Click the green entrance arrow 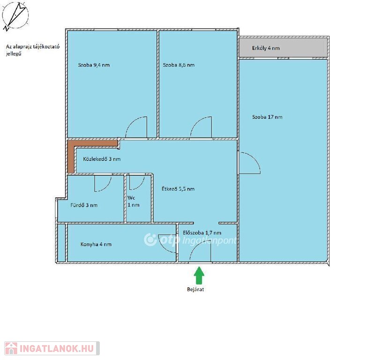199,276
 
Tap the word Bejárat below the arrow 195,290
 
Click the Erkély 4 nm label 266,48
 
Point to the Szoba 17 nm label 267,117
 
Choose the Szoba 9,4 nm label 94,65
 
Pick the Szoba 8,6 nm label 179,65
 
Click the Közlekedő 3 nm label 102,159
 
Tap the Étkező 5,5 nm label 178,189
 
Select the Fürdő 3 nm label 84,205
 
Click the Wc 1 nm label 134,202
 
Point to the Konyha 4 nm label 96,244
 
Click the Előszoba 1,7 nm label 202,232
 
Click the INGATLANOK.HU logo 52,348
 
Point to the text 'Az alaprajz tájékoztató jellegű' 32,50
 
